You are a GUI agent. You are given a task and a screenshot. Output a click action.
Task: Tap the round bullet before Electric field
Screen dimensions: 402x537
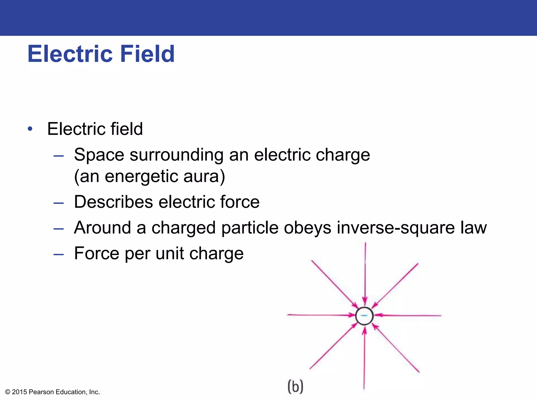click(x=30, y=129)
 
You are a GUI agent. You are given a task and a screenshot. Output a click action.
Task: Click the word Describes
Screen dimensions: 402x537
click(x=113, y=202)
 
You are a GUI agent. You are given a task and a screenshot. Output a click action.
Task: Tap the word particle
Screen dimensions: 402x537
click(x=250, y=228)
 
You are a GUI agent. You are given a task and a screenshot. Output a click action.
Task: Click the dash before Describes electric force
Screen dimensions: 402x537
click(x=58, y=203)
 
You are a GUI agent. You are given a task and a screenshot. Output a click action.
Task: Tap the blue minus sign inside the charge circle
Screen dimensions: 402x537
click(x=364, y=316)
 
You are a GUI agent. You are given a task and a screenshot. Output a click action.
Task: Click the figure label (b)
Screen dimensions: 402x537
click(x=295, y=386)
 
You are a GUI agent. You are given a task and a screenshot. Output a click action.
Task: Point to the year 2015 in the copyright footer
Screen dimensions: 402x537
click(x=19, y=392)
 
